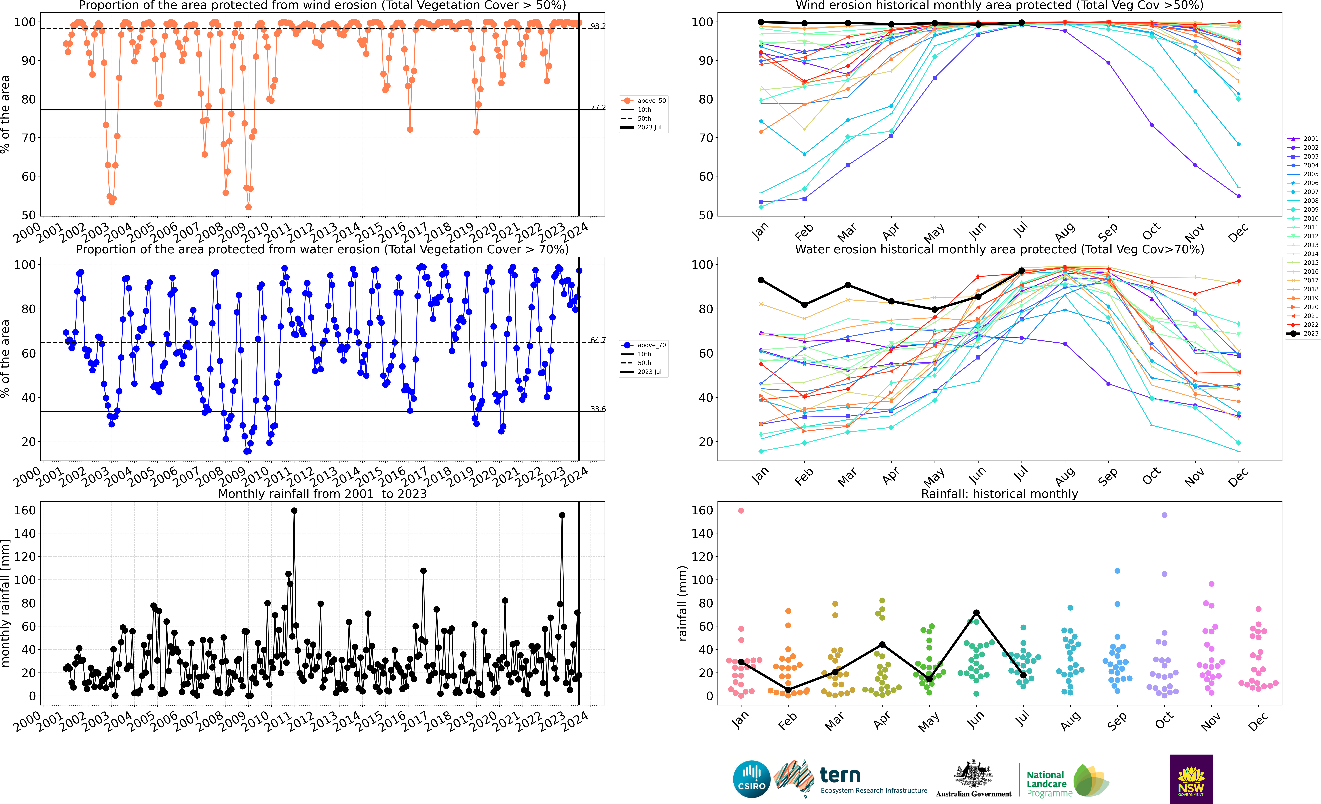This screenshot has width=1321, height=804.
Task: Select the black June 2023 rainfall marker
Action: (976, 613)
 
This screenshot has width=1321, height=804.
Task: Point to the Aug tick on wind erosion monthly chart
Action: (1065, 232)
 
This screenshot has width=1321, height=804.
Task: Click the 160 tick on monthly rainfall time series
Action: (25, 510)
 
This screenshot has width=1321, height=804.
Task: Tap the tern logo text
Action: (840, 775)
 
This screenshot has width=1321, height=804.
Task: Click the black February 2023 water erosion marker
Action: (804, 305)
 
